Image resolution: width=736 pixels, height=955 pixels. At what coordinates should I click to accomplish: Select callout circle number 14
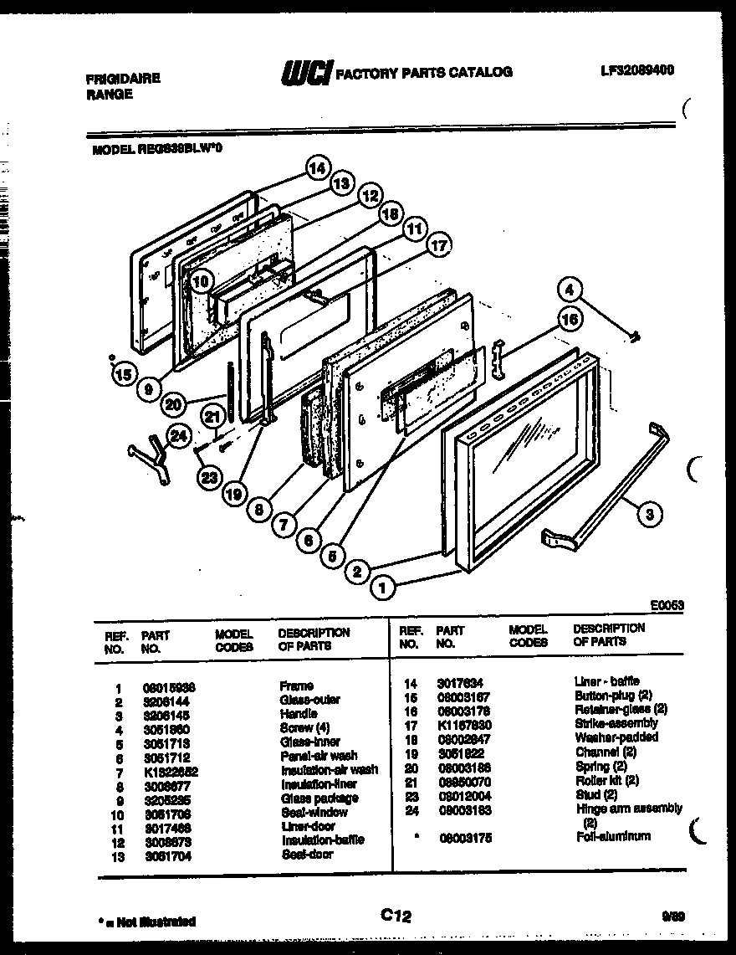(317, 167)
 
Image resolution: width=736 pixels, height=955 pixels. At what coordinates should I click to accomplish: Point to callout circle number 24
(177, 434)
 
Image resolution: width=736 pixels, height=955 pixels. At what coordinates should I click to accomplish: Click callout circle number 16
(569, 319)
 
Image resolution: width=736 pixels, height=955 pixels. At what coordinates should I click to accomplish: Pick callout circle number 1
(383, 588)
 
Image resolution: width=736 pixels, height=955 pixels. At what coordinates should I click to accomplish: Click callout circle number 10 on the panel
(200, 282)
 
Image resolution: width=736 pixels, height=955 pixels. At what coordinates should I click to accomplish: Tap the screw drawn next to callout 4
(636, 336)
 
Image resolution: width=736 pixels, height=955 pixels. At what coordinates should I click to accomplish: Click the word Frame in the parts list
(296, 685)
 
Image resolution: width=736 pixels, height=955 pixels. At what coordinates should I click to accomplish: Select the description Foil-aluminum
(612, 836)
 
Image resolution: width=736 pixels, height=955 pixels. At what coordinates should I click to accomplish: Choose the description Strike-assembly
(616, 723)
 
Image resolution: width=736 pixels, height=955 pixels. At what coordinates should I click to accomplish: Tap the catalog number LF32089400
(637, 71)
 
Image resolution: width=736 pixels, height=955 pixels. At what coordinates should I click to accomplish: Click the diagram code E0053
(667, 603)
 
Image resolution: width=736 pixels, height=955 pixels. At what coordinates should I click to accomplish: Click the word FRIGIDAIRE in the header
(123, 79)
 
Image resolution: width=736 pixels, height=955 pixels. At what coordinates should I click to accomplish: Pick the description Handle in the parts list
(298, 714)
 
